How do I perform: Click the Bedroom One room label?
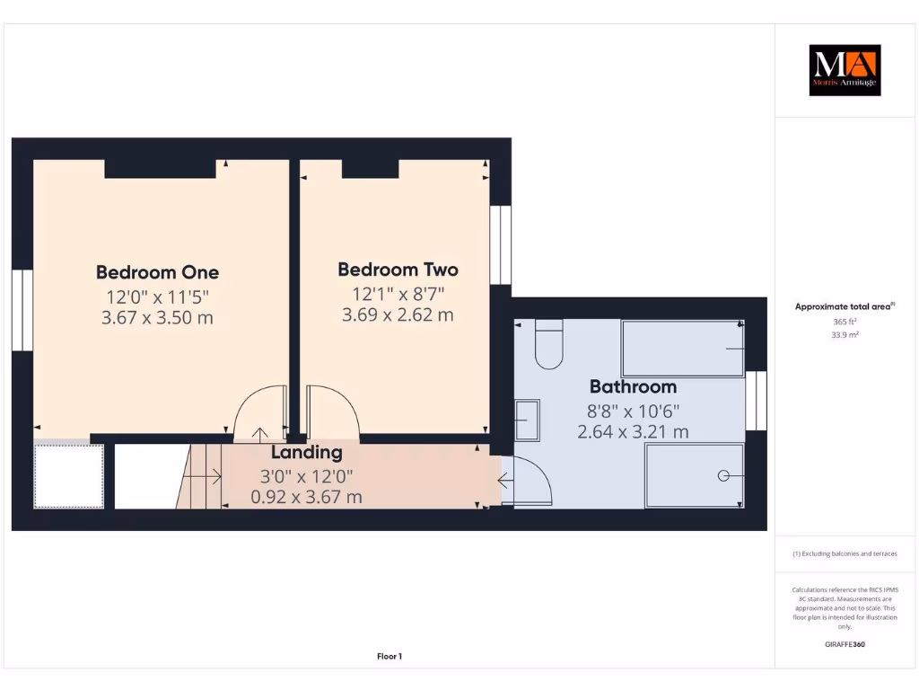157,272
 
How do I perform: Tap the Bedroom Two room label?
398,270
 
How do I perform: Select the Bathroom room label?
633,387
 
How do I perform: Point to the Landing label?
307,453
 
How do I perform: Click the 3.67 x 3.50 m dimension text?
157,318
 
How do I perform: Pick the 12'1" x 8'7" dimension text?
398,293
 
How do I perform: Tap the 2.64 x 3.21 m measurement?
633,432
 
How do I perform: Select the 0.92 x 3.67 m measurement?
306,497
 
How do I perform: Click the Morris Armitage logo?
845,70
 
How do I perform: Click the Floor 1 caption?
389,657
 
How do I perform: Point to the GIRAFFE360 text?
845,644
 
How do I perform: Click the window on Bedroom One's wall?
22,310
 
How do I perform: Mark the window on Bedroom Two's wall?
501,245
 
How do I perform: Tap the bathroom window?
757,401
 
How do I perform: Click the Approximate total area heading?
845,306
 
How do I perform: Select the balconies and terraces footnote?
845,553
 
